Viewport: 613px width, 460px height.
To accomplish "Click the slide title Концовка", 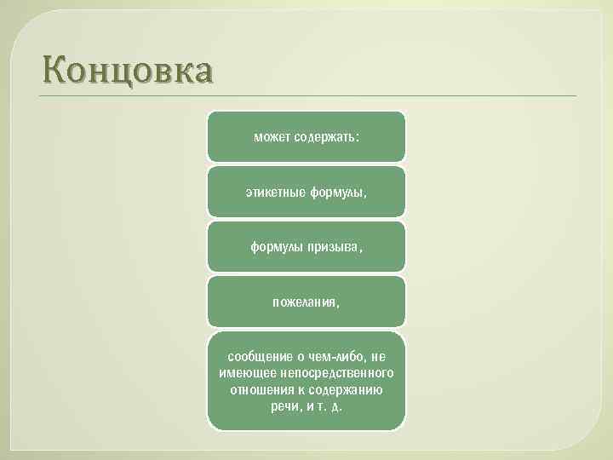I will click(125, 70).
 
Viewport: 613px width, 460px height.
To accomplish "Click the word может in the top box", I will click(272, 136).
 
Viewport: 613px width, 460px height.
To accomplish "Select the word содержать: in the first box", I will click(327, 136).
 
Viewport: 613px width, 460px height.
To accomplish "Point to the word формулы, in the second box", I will click(338, 192).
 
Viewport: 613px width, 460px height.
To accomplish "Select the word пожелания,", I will click(306, 302).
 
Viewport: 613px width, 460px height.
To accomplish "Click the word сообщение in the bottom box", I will click(257, 357).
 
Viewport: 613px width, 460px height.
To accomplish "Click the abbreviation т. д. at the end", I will click(332, 405).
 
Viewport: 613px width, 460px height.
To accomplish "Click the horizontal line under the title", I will click(306, 95).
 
